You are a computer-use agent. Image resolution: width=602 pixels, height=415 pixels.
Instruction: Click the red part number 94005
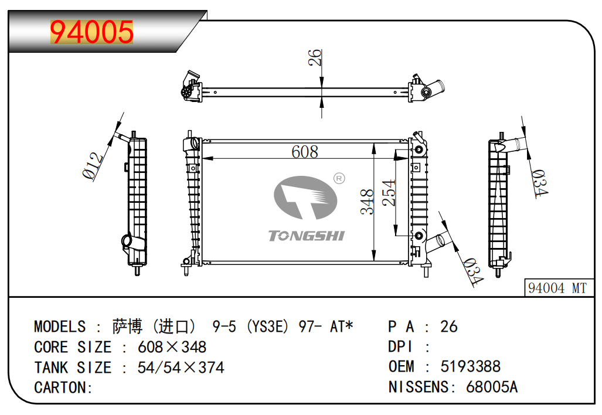[x=92, y=32]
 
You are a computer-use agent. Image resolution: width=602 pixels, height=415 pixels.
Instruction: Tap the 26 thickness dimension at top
[x=315, y=57]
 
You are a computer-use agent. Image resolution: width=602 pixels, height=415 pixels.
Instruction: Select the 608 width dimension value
[x=305, y=152]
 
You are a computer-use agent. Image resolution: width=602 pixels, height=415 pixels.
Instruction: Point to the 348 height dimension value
[x=368, y=202]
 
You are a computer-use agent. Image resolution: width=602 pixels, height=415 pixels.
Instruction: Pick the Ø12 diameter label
[x=94, y=165]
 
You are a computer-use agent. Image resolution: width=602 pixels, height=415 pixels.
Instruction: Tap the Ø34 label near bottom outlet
[x=472, y=272]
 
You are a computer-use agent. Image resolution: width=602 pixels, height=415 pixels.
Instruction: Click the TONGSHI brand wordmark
[x=307, y=236]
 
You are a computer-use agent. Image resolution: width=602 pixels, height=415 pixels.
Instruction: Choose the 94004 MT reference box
[x=557, y=288]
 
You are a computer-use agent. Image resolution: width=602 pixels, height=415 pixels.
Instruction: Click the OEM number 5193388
[x=470, y=367]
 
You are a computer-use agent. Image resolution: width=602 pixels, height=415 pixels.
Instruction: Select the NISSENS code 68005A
[x=492, y=387]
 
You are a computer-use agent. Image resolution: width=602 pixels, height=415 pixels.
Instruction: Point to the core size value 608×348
[x=172, y=347]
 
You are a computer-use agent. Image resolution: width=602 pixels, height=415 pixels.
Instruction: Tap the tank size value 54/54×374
[x=181, y=368]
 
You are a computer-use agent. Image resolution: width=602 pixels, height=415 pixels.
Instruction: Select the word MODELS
[x=60, y=326]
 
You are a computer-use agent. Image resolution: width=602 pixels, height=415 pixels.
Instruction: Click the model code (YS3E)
[x=267, y=326]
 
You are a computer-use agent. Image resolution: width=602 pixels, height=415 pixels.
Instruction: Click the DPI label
[x=401, y=347]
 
